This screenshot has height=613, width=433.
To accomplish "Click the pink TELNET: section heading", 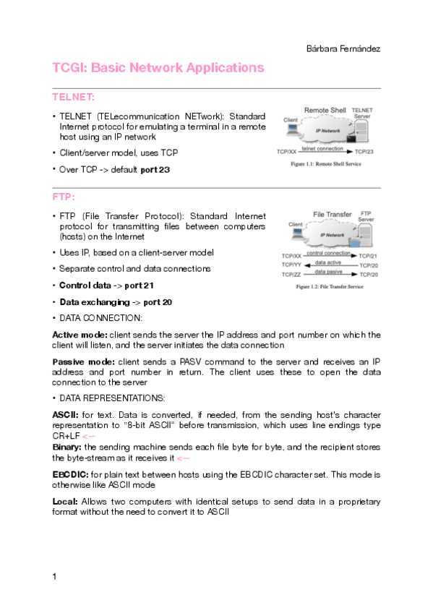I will pos(73,96).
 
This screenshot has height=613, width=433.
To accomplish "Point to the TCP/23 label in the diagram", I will pos(364,153).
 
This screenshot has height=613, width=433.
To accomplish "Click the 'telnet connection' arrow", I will pos(322,151).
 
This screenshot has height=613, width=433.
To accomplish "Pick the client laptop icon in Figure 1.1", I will pos(292,130).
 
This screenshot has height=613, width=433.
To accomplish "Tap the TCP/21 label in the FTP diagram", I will pos(368,256).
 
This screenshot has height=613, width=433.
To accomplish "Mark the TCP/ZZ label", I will pos(291,275).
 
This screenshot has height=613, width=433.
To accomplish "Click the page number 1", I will pos(55,576).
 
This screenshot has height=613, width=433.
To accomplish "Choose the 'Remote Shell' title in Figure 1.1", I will pos(325,110).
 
